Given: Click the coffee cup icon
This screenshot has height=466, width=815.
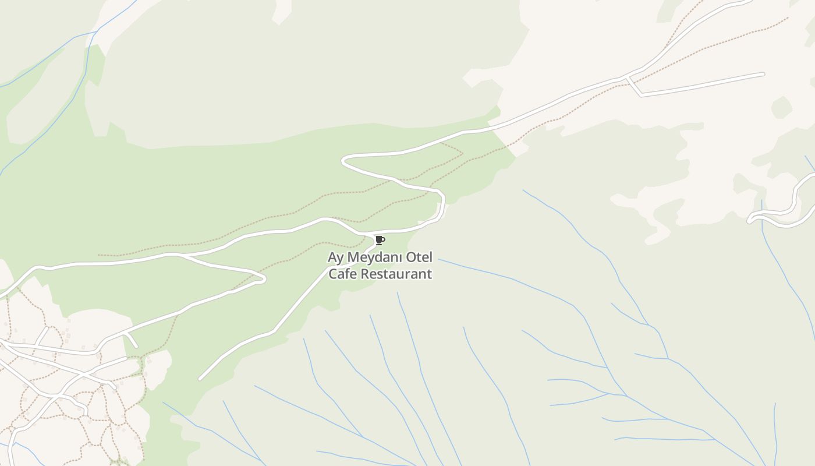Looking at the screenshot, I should point(380,240).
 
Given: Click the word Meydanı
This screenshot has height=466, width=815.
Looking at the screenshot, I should point(379,257).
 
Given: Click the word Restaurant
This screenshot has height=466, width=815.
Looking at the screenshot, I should point(398,274).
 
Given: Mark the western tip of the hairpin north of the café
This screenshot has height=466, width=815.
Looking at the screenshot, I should point(343,160).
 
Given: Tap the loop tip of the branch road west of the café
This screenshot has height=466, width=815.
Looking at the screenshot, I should point(264,279).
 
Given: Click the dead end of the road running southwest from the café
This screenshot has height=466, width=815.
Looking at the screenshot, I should point(200,379).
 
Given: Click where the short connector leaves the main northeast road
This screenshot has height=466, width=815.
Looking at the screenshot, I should point(626,77).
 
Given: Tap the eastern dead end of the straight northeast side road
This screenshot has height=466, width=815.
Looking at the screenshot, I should point(763,74).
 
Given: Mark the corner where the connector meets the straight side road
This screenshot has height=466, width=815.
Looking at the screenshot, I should point(641,94).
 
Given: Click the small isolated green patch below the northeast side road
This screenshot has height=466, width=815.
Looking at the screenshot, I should point(782,108).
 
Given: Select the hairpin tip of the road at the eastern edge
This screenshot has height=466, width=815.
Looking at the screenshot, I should point(750,220).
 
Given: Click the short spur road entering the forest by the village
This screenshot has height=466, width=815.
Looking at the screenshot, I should point(132,341).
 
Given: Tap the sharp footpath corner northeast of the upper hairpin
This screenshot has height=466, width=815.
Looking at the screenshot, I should point(462,154).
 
